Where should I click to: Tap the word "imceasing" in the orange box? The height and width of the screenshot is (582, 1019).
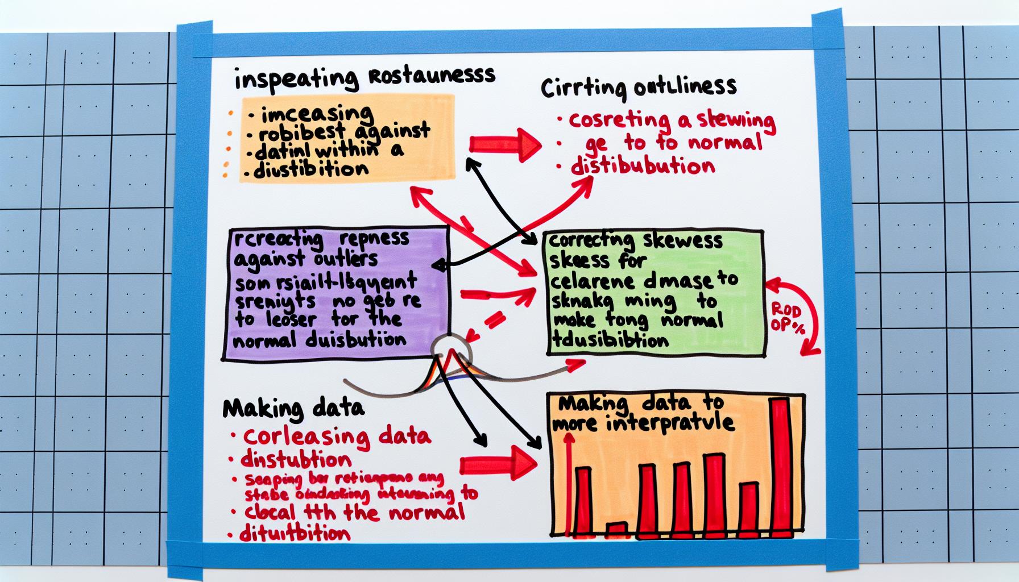[x=318, y=114]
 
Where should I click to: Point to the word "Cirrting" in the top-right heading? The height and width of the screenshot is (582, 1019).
[x=584, y=89]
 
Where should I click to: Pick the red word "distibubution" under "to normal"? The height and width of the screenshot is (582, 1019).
[x=642, y=167]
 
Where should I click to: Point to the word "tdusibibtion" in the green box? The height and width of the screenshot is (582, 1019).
[x=609, y=340]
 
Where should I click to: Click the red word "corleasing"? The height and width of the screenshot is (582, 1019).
[x=299, y=437]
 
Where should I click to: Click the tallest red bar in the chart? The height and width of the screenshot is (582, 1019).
[x=780, y=466]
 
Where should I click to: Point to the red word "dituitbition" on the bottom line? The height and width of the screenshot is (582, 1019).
[x=296, y=534]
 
